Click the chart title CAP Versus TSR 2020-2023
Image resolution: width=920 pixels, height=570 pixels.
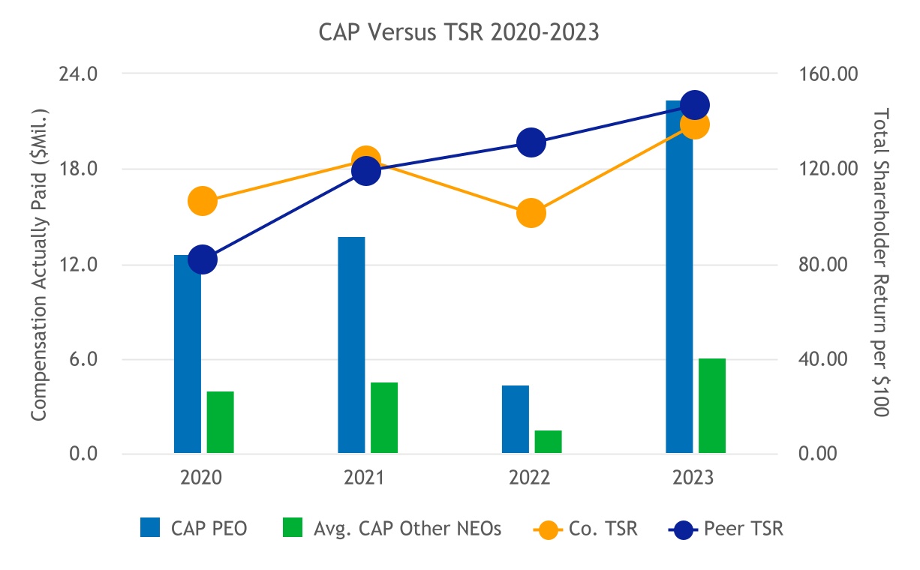pos(459,34)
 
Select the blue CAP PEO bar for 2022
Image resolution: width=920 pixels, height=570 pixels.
pos(516,419)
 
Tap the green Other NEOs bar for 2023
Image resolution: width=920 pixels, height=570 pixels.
pos(712,406)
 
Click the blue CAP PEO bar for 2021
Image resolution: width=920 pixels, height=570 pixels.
pos(351,345)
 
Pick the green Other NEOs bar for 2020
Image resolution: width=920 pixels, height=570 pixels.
pos(221,422)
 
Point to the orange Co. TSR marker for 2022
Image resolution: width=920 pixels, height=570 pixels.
pos(531,213)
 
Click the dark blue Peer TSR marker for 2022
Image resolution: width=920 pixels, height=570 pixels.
pos(531,142)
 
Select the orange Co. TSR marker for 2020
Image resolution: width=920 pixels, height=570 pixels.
pos(203,201)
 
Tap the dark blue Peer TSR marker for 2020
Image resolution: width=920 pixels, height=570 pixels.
pos(203,259)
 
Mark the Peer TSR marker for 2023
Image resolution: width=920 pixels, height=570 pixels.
pos(695,105)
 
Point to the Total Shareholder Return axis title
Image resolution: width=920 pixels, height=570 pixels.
pos(881,262)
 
